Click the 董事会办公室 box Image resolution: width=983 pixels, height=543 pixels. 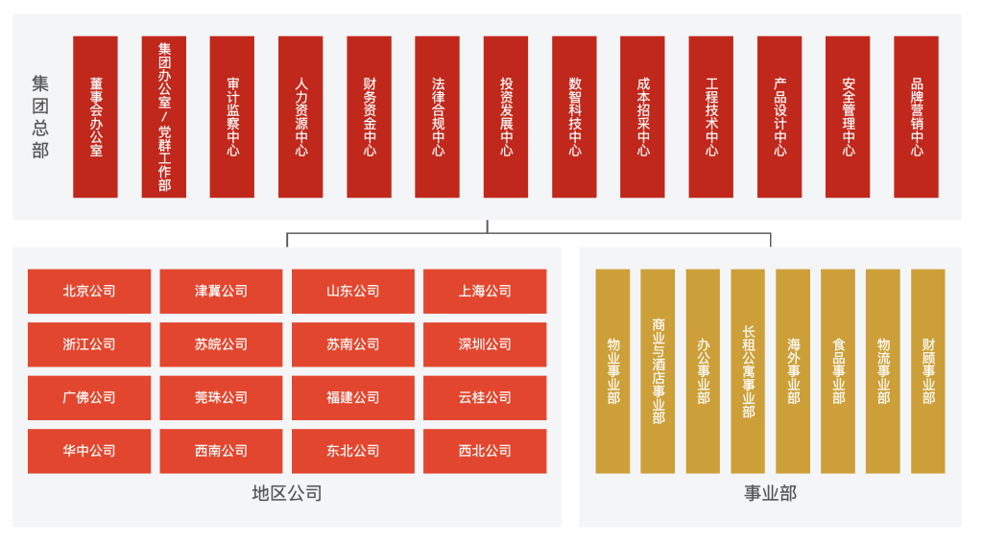(x=95, y=117)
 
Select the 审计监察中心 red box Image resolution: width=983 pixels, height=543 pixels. (x=232, y=117)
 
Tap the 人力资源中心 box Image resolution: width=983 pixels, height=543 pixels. (x=300, y=117)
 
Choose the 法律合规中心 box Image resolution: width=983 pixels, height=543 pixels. (x=438, y=117)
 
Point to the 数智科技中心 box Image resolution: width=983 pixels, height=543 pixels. (x=574, y=117)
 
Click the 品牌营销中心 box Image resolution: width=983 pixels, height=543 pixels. (x=916, y=117)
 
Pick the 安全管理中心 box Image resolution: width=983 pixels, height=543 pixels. (x=848, y=117)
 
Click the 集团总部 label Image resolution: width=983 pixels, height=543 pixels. (x=40, y=117)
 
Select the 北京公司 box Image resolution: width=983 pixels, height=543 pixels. (x=89, y=291)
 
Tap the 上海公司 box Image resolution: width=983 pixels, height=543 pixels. (x=485, y=291)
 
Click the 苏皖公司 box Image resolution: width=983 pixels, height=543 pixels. (x=221, y=344)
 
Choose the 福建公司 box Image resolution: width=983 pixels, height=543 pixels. (x=353, y=397)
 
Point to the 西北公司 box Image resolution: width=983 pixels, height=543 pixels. (x=485, y=451)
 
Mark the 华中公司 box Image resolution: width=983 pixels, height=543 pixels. (x=89, y=451)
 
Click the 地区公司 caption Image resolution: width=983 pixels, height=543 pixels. (x=286, y=494)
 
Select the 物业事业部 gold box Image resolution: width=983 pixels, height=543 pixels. (x=612, y=370)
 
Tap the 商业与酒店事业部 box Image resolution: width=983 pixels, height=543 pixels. (x=658, y=370)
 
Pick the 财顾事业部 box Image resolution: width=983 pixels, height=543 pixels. (x=927, y=370)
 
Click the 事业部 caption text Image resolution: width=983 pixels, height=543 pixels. (x=770, y=494)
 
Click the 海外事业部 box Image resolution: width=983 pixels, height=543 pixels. (x=793, y=370)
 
